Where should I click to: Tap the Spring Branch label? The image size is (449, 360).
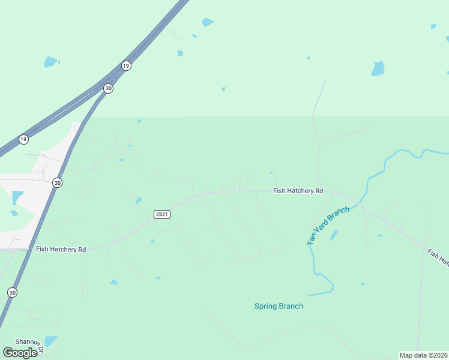point(279,306)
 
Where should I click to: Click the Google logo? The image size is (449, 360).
point(20,353)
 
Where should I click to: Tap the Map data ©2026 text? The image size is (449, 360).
point(423,355)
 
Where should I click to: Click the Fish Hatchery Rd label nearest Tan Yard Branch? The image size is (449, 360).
point(298,191)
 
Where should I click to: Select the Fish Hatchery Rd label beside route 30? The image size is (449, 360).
point(61,248)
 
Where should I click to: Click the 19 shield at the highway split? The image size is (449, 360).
point(125,65)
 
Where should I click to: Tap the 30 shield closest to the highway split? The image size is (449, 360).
point(108,88)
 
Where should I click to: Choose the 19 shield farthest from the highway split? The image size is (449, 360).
point(23,139)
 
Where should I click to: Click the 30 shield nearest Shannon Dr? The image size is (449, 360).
point(13,292)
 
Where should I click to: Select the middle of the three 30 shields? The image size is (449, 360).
point(57,182)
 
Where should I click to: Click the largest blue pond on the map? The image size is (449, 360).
point(378,68)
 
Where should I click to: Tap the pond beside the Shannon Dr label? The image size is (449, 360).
point(50,341)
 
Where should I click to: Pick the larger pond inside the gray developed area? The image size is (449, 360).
point(17,197)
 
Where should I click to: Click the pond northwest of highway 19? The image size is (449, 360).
point(50,61)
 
